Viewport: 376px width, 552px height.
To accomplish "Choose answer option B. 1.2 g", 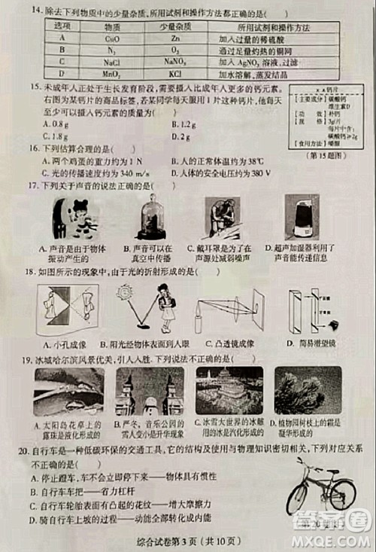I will pyautogui.click(x=184, y=124).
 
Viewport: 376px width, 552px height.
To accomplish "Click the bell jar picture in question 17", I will pyautogui.click(x=151, y=218).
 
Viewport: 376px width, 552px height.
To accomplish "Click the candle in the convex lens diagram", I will pyautogui.click(x=199, y=320).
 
